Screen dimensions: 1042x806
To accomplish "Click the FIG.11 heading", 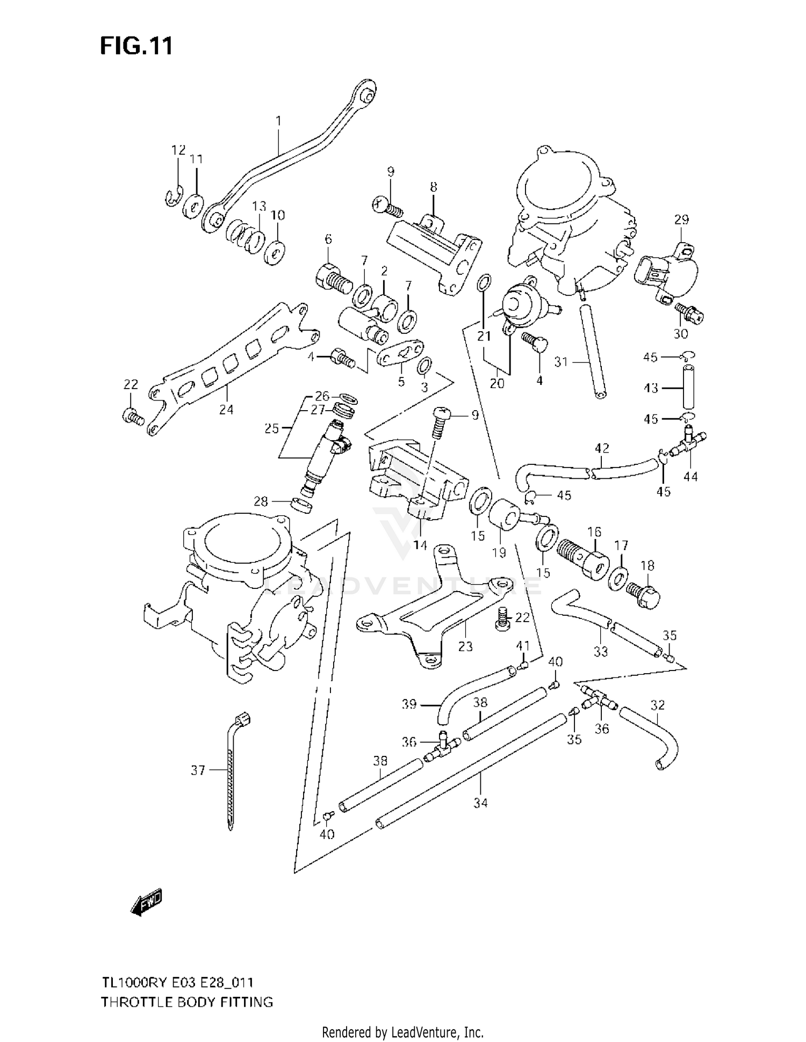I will click(136, 46).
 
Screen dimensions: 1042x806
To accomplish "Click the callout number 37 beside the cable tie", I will click(198, 770).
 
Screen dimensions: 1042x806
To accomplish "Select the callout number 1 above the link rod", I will click(278, 121).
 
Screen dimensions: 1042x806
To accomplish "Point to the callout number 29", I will click(681, 219).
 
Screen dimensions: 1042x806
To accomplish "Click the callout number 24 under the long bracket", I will click(226, 409).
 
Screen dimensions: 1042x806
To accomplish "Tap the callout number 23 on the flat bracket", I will click(465, 646).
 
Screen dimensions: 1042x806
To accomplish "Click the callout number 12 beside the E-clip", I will click(178, 150).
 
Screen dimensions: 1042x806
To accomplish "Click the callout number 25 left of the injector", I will click(272, 428).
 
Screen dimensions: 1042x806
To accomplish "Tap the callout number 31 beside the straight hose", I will click(561, 362).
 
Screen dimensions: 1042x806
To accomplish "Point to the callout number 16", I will click(594, 531).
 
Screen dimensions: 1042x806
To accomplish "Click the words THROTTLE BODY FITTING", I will click(187, 1002).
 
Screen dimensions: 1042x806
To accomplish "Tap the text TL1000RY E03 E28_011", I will click(178, 982).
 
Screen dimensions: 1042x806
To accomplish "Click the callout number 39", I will click(409, 704).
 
